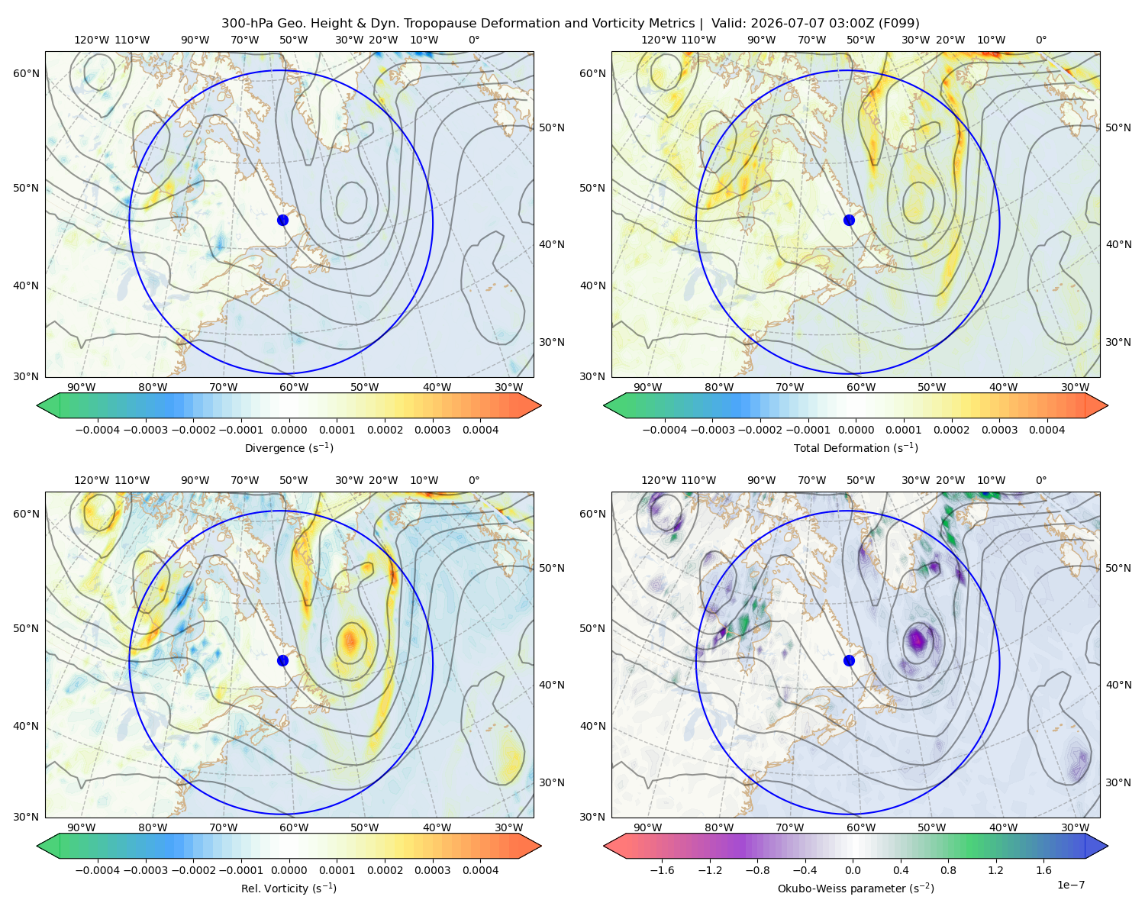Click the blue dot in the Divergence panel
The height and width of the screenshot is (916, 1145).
[282, 221]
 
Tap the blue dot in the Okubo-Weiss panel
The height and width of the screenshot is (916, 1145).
[849, 660]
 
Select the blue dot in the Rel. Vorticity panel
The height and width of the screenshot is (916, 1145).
[282, 660]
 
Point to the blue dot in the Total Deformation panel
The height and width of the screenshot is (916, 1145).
[849, 221]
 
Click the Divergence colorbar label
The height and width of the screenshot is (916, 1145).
[289, 448]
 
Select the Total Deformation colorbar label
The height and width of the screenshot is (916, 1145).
[856, 448]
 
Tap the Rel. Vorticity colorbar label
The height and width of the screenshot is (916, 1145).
[289, 889]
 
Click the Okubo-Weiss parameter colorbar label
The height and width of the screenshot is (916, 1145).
[856, 889]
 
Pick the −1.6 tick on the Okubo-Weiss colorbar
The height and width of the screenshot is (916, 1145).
[662, 870]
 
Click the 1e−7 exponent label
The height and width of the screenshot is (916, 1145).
[1070, 885]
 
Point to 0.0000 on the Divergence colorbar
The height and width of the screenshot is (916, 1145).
[289, 430]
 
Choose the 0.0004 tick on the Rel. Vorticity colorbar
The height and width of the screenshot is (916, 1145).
[480, 870]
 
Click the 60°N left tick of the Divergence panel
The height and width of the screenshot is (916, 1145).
[26, 73]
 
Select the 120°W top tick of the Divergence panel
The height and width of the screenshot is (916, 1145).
[92, 40]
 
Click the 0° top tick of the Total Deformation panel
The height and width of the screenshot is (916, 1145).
[1040, 40]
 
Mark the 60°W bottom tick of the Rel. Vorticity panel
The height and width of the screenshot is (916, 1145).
[294, 827]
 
